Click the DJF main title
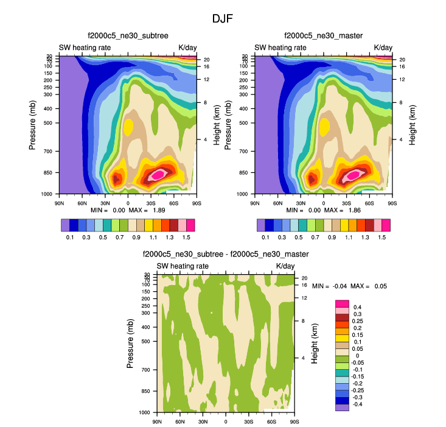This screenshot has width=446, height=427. point(223,19)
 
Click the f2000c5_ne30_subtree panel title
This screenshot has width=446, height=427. point(128,36)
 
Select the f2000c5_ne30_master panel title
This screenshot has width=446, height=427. point(323,36)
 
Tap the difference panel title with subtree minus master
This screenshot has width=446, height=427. point(226,254)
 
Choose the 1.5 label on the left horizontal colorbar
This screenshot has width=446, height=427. point(187,237)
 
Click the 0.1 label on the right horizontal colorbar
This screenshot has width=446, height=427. point(265,237)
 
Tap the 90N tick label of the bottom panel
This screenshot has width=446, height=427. point(158,421)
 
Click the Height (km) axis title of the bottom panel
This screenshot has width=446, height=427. point(315,344)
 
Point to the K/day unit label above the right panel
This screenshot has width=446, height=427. point(383,48)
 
